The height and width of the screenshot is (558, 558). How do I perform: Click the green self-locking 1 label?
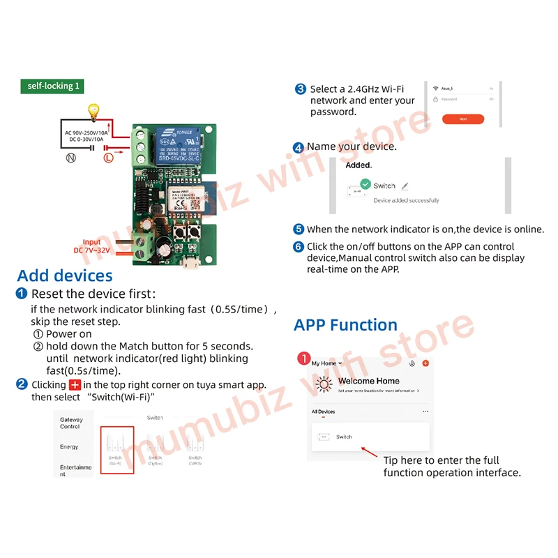pyautogui.click(x=54, y=86)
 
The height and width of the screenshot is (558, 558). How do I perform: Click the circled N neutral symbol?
pyautogui.click(x=70, y=158)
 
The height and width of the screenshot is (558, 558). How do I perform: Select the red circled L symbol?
pyautogui.click(x=108, y=158)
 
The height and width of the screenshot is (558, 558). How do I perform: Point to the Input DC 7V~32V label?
pyautogui.click(x=91, y=246)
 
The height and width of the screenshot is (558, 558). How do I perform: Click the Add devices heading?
pyautogui.click(x=65, y=276)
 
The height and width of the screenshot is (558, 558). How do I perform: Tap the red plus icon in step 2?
pyautogui.click(x=76, y=385)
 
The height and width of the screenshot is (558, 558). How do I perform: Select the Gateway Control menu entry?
pyautogui.click(x=71, y=423)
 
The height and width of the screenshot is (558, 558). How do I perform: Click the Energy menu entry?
pyautogui.click(x=69, y=446)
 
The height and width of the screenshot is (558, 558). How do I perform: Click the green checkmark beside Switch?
pyautogui.click(x=365, y=186)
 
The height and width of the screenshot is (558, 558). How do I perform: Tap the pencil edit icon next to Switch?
pyautogui.click(x=405, y=186)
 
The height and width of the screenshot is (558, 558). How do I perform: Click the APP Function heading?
pyautogui.click(x=345, y=325)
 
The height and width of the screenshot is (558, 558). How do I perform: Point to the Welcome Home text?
pyautogui.click(x=368, y=381)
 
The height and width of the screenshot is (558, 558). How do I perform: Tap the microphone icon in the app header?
pyautogui.click(x=413, y=363)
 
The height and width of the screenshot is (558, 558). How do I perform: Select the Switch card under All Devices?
pyautogui.click(x=370, y=437)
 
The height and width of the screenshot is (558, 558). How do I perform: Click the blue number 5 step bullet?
pyautogui.click(x=299, y=229)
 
